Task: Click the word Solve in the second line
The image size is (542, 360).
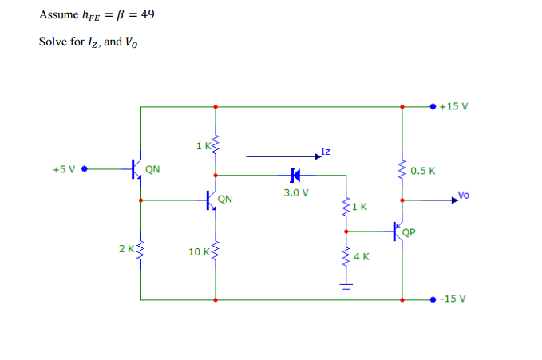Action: coord(53,42)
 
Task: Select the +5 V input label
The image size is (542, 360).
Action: coord(64,169)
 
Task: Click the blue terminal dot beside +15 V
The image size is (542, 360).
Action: coord(433,105)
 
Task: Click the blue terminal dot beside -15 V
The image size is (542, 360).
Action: coord(433,300)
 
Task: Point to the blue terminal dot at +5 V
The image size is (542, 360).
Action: coord(84,169)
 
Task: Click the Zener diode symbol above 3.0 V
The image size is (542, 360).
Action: coord(295,174)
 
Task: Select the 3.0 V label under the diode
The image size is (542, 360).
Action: coord(295,192)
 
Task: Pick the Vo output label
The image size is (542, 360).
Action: coord(465,194)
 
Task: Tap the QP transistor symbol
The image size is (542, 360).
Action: coord(398,231)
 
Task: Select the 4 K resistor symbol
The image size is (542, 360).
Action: coord(346,256)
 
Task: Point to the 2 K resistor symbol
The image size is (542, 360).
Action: coord(141,249)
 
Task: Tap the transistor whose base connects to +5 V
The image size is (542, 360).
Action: coord(137,169)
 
